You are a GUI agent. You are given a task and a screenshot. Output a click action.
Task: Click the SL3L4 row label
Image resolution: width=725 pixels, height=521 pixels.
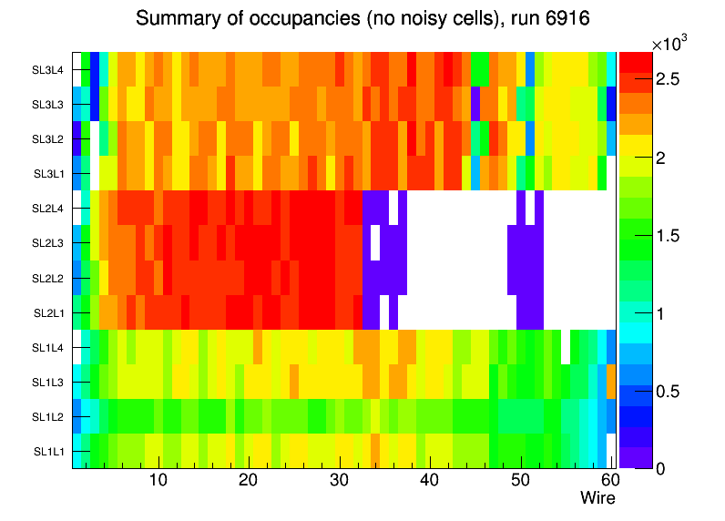point(48,70)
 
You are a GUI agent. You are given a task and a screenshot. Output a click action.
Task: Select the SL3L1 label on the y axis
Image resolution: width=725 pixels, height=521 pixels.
point(48,174)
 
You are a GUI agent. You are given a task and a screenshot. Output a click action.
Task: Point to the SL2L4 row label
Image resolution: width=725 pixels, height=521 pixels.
point(48,209)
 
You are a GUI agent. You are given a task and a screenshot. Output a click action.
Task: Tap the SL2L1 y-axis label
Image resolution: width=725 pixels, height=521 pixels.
point(48,312)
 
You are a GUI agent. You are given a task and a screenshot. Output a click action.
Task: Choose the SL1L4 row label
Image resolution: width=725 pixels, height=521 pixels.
point(48,347)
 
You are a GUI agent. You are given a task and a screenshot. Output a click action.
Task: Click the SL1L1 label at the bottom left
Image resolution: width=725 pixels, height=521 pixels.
point(48,451)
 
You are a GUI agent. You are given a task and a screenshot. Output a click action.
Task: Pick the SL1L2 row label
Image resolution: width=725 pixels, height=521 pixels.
point(48,416)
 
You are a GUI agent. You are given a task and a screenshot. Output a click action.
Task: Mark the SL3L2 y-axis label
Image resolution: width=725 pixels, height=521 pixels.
point(48,139)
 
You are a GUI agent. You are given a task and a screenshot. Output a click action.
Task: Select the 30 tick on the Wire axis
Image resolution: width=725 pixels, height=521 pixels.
point(339,481)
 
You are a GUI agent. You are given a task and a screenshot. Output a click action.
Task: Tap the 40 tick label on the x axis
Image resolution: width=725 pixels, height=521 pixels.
point(429,481)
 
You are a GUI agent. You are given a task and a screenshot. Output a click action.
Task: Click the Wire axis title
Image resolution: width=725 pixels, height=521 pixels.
point(598,498)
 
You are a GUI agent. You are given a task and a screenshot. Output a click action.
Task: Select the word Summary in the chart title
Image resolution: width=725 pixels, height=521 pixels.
point(170,18)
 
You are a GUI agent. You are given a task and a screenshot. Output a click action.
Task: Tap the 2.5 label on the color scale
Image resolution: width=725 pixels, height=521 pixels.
point(668,80)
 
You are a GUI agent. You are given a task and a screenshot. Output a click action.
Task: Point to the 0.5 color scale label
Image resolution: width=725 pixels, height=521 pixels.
point(668,391)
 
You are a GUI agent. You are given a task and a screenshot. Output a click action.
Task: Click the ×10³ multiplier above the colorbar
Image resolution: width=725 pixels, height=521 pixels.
point(672,44)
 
